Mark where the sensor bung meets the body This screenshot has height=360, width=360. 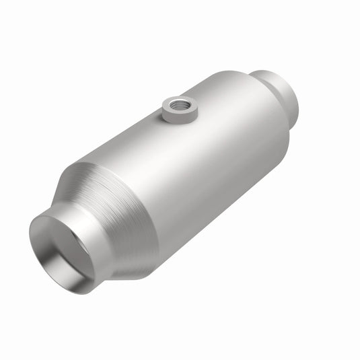pos(179,121)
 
